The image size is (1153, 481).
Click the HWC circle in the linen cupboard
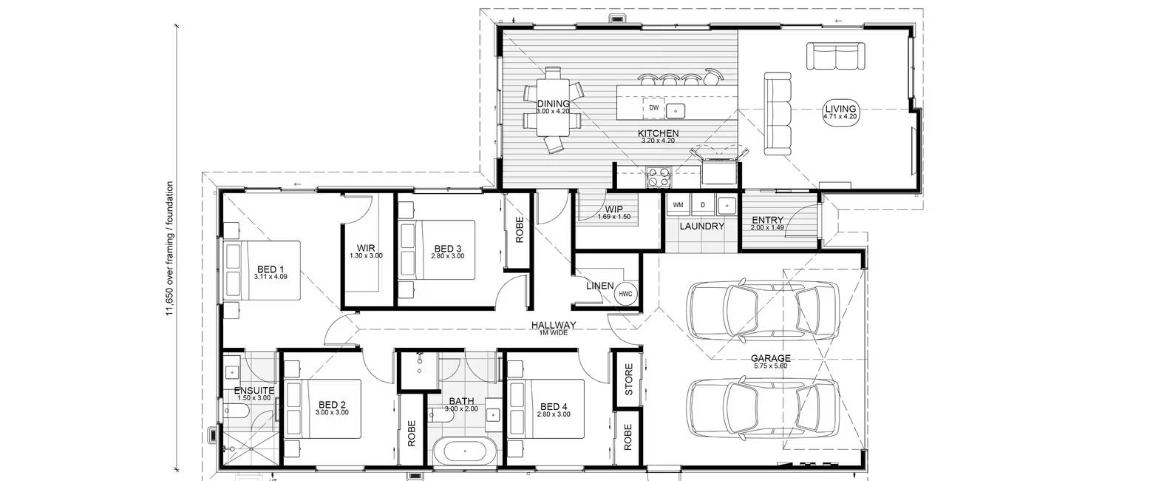pos(625,294)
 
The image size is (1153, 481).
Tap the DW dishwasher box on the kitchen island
pos(653,108)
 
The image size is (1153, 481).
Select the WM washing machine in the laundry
pos(678,204)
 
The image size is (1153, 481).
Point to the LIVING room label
pos(840,112)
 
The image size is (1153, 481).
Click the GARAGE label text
pos(772,358)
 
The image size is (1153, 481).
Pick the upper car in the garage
pos(762,312)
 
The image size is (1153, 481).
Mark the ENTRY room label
pos(767,220)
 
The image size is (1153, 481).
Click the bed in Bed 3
pos(436,250)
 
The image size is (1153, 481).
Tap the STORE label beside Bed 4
pos(629,379)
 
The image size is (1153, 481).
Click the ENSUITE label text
pos(254,390)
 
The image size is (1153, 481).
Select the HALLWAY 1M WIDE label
pos(553,328)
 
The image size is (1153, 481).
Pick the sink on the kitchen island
pos(676,111)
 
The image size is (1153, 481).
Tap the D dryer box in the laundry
pos(703,204)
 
